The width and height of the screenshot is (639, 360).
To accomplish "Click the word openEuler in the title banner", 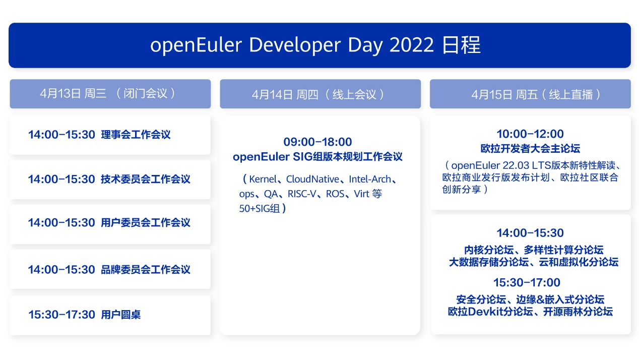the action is [196, 45].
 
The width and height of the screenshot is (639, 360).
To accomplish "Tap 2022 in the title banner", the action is [411, 44].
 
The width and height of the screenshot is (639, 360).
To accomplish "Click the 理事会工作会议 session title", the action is [136, 135].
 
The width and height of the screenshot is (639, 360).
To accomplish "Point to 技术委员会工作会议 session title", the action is [146, 179].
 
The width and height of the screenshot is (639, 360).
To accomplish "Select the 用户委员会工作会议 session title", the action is [146, 222].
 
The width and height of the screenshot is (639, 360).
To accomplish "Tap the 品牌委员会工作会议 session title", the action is [146, 269].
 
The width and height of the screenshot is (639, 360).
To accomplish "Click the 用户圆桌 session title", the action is [121, 314].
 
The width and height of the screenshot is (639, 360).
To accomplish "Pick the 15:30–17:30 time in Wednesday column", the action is [61, 314].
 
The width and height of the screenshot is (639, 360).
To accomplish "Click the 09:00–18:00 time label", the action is [317, 142].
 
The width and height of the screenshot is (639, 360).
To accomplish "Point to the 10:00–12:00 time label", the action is [530, 134].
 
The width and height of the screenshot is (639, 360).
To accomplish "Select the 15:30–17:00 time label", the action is [527, 282].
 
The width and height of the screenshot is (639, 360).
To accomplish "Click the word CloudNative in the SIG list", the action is [312, 179].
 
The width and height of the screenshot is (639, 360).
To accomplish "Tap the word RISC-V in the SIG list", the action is [302, 194].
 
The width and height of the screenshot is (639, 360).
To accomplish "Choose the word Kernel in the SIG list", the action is [263, 179].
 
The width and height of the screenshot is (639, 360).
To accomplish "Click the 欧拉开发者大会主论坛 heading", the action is [530, 148].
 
